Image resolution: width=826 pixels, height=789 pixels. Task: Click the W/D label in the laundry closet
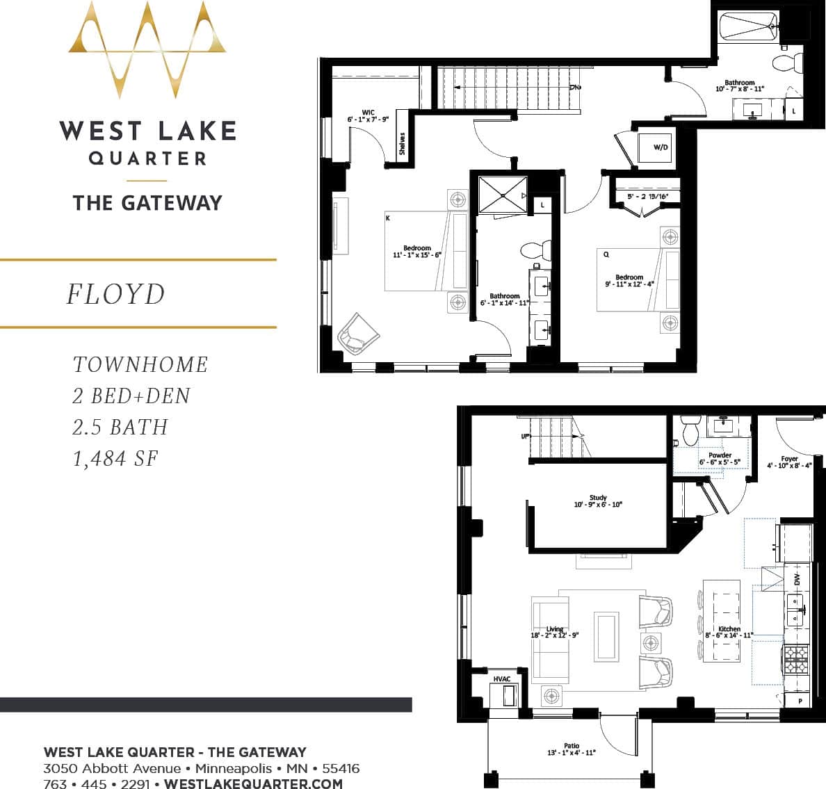(661, 147)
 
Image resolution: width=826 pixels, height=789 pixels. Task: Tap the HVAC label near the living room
(502, 679)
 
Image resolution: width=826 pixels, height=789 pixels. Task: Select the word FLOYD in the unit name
(116, 294)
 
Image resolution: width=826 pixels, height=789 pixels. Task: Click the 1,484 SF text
(115, 459)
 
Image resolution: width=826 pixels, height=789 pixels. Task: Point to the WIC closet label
(369, 113)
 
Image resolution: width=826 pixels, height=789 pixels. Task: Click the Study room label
(598, 498)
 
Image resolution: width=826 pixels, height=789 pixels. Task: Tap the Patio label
(572, 746)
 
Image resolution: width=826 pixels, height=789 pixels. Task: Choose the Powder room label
(720, 455)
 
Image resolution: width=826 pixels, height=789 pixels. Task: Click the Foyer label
(789, 459)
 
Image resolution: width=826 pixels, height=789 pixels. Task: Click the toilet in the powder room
(690, 430)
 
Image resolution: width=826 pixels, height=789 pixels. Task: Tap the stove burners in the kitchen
(797, 658)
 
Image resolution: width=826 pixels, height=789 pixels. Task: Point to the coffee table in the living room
(606, 636)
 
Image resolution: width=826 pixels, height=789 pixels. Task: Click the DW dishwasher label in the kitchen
(797, 579)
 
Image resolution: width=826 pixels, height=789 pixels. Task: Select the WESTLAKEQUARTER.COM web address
(253, 783)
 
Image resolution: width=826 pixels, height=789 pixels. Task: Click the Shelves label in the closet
(402, 145)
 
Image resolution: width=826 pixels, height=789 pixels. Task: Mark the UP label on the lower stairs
(525, 437)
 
